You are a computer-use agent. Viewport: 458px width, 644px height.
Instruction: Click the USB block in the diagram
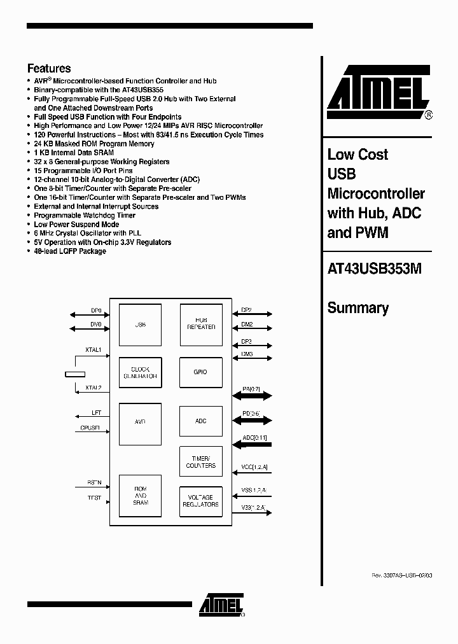click(141, 325)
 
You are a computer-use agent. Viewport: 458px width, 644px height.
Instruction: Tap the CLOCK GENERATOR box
click(141, 373)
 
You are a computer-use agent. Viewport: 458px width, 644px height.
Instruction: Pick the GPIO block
click(201, 372)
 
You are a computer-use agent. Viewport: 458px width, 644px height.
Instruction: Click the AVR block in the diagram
click(141, 422)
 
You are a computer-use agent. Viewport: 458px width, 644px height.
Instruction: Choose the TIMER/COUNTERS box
click(201, 462)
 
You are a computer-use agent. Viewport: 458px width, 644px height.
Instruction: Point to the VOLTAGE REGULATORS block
click(201, 501)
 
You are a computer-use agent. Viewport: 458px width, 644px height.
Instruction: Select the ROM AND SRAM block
click(141, 497)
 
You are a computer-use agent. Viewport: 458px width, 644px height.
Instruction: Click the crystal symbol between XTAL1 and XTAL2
click(75, 374)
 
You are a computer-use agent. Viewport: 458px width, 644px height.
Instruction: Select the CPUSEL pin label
click(90, 428)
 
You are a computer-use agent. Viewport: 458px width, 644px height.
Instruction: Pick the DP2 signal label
click(246, 310)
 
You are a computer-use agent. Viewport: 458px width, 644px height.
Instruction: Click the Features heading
click(49, 69)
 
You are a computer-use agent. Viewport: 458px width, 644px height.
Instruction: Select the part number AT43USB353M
click(374, 269)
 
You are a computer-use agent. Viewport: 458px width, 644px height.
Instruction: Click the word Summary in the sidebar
click(357, 308)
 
